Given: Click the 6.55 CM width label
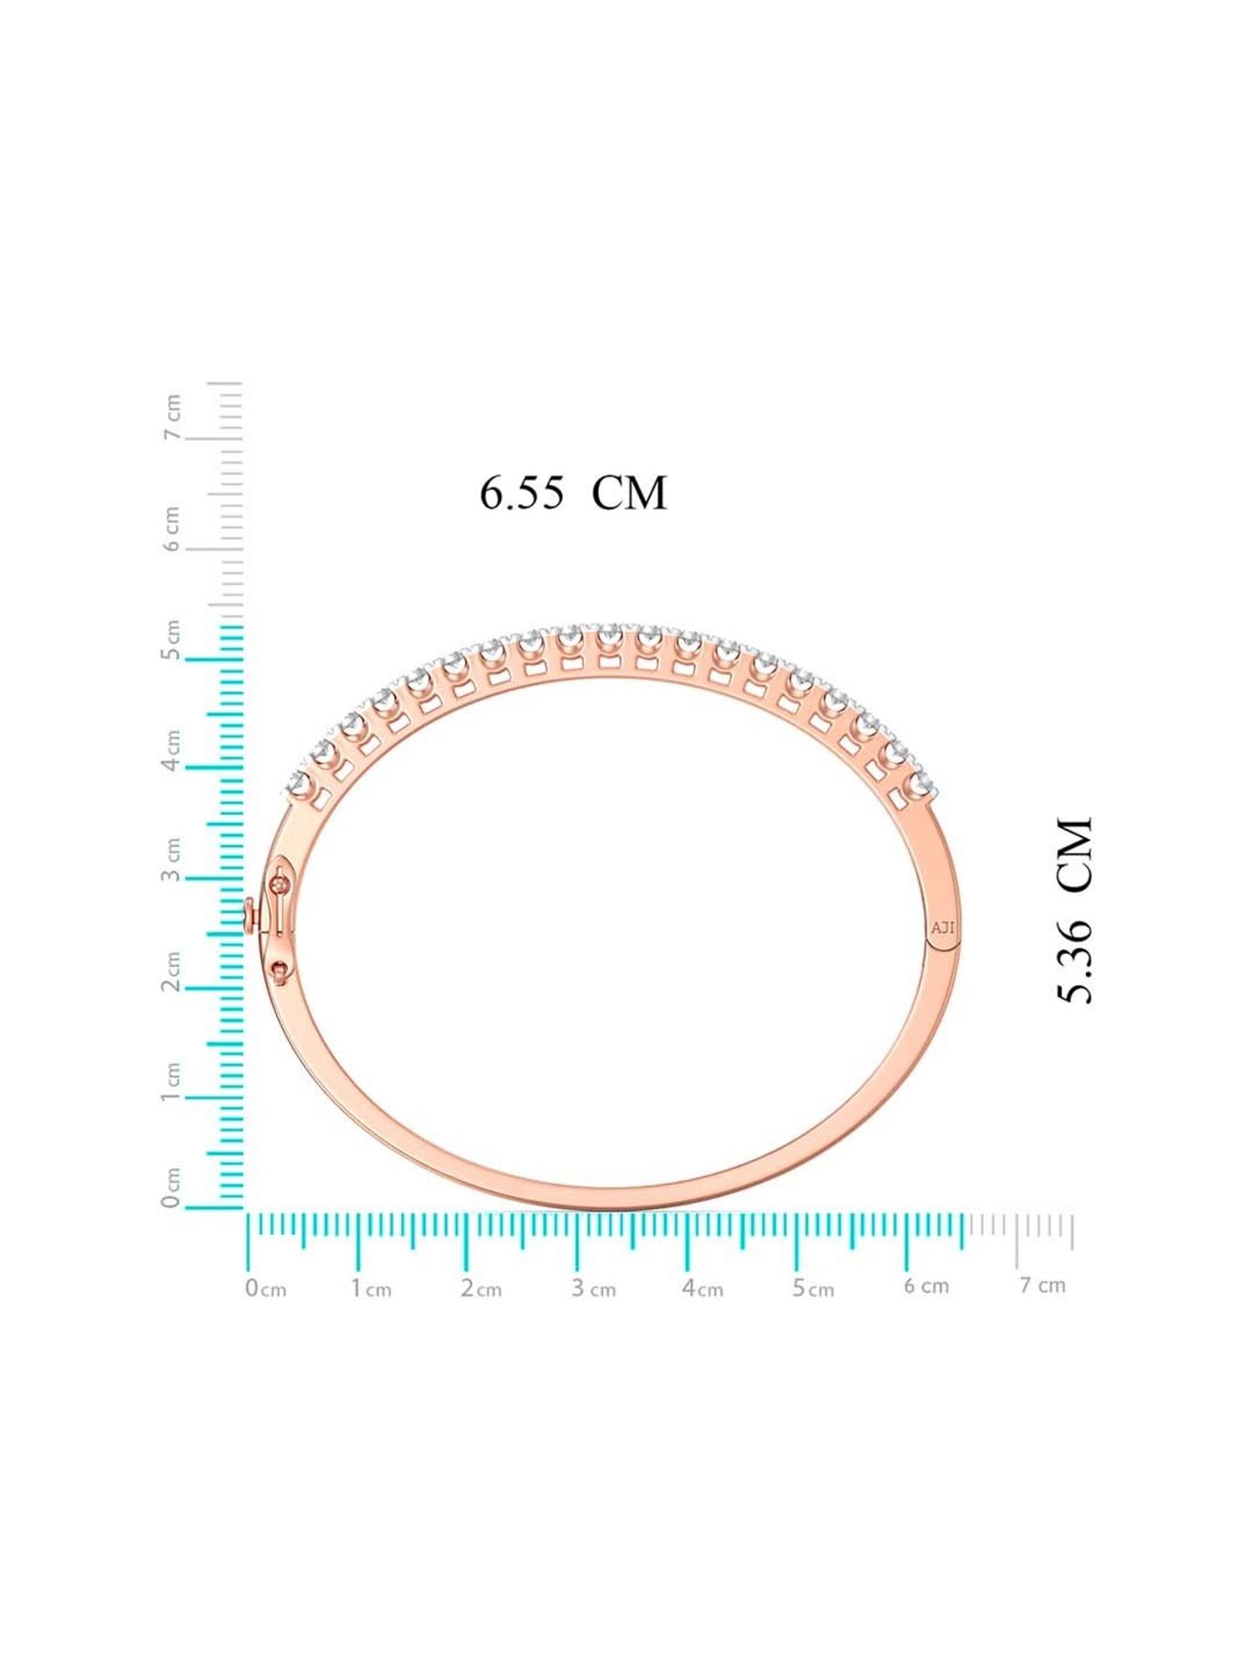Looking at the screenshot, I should click(573, 493).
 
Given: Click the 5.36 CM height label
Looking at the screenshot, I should click(1074, 910).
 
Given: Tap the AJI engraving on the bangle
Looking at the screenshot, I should click(942, 927).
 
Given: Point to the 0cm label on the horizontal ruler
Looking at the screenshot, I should click(266, 1288).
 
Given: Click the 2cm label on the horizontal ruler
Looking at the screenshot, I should click(481, 1288).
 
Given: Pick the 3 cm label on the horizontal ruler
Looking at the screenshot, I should click(593, 1288).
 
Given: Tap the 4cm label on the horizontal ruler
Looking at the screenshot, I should click(703, 1288).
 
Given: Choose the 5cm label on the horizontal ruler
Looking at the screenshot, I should click(814, 1288).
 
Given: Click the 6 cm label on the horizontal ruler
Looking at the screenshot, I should click(926, 1285).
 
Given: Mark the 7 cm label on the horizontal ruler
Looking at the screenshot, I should click(1042, 1284).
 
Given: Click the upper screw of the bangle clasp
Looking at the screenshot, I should click(279, 882).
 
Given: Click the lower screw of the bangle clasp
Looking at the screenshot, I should click(280, 968).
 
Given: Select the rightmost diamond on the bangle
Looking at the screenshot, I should click(921, 783).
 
